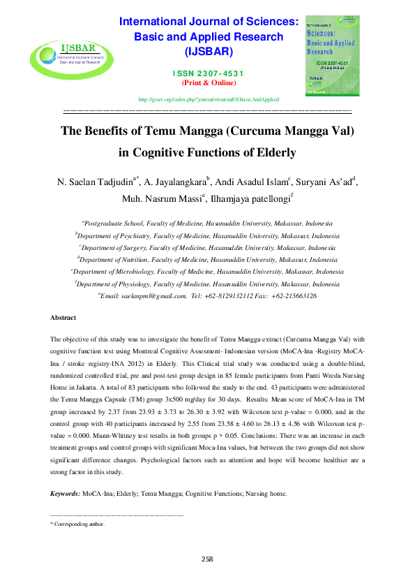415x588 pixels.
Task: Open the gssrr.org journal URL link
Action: (209, 100)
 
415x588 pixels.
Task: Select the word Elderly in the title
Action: (271, 152)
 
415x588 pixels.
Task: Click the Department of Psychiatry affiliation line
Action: (207, 236)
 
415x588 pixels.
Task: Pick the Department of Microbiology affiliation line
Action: (207, 272)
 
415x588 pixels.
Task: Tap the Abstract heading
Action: (63, 318)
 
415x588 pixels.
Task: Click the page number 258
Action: (207, 558)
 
